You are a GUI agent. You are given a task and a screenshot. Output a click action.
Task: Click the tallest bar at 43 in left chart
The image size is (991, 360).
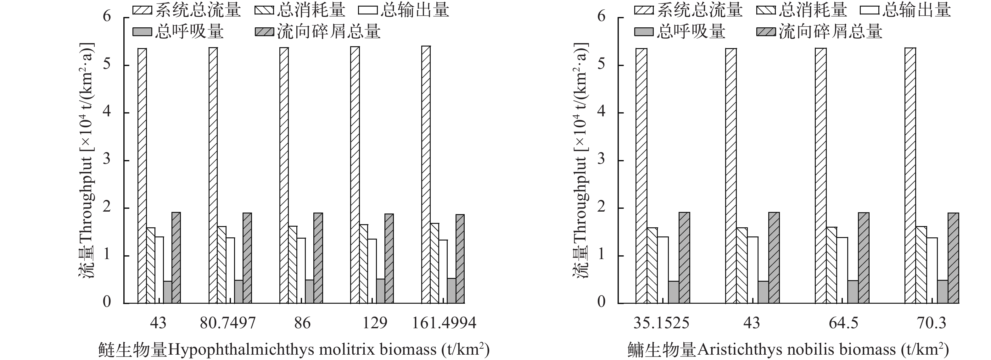(x=142, y=176)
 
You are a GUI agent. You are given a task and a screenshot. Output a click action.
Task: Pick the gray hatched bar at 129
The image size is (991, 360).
(x=389, y=258)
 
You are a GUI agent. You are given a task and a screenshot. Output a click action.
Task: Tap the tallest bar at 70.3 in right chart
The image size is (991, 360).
(x=910, y=176)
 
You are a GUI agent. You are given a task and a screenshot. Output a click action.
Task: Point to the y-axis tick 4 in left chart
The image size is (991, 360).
(x=107, y=112)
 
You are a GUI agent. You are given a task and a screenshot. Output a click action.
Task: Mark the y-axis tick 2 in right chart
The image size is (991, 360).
(x=601, y=208)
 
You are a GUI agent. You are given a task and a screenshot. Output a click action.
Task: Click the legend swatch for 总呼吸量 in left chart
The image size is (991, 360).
(x=142, y=31)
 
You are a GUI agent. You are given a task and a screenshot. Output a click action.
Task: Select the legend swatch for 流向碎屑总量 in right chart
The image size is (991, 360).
(x=766, y=31)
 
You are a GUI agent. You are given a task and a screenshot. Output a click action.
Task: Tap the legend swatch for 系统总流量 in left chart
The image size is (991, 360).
(x=142, y=10)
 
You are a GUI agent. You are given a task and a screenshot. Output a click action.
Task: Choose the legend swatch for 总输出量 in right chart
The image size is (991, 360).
(x=869, y=10)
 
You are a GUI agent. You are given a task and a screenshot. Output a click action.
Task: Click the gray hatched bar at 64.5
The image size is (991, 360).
(x=864, y=258)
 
